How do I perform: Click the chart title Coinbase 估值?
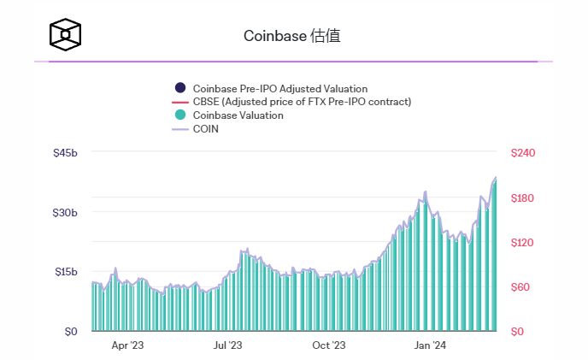coord(292,36)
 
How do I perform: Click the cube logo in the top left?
coord(66,34)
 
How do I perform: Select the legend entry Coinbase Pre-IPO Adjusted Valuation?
coord(280,88)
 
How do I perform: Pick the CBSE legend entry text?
coord(303,102)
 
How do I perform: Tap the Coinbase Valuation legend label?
coord(238,115)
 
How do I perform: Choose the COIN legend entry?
coord(206,129)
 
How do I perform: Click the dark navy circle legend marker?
coord(179,88)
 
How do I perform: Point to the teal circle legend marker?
coord(179,115)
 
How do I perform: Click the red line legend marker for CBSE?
coord(179,102)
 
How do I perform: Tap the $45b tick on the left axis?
coord(66,153)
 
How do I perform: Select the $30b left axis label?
coord(66,213)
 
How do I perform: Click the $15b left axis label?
coord(66,272)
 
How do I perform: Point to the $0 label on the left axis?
coord(71,332)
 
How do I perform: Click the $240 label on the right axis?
coord(522,153)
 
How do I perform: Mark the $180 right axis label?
coord(522,198)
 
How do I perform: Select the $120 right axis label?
coord(522,243)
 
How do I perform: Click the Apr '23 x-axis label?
coord(127,346)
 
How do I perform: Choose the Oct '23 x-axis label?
coord(328,346)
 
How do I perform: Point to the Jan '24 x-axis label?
coord(430,346)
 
